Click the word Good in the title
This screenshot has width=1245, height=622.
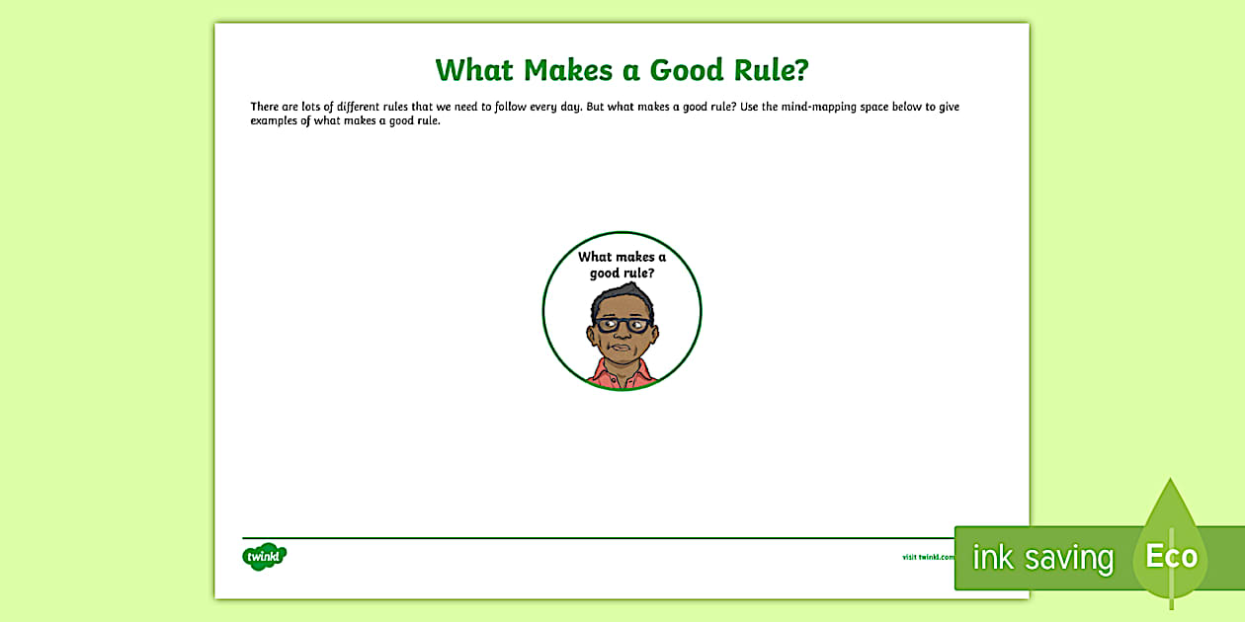click(687, 70)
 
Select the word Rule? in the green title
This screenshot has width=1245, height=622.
click(772, 70)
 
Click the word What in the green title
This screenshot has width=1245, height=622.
click(474, 70)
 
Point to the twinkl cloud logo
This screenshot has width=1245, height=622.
click(264, 557)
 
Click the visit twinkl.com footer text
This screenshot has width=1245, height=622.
click(928, 557)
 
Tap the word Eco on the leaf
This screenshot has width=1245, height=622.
click(1172, 556)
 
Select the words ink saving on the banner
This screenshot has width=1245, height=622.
click(1043, 558)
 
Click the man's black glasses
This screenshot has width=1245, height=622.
click(622, 325)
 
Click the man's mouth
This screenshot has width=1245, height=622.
click(622, 348)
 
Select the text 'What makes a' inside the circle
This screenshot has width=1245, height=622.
click(622, 257)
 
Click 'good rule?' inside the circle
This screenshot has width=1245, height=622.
click(622, 273)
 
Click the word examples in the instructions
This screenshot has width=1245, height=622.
click(274, 121)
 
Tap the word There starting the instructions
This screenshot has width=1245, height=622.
click(265, 107)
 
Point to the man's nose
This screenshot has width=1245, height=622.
click(622, 335)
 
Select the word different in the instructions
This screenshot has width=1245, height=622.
click(358, 107)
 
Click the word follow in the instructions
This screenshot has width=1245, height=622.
click(510, 107)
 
